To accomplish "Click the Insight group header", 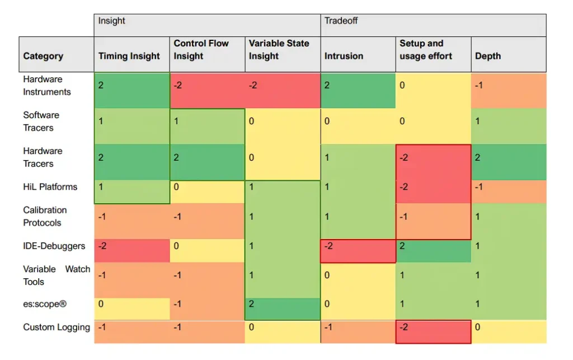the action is tap(111, 21).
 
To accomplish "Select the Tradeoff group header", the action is tap(341, 21).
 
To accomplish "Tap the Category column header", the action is tap(43, 56).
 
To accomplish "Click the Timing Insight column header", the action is tap(129, 56).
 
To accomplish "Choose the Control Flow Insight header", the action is tap(201, 50).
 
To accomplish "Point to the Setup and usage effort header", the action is tap(426, 50).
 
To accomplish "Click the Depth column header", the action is tap(488, 56).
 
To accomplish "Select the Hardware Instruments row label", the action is tap(47, 86).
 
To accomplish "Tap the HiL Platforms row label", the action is tap(50, 187).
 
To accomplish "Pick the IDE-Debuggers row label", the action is tap(54, 246).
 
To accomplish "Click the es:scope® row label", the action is tap(45, 303).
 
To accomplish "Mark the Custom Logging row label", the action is tap(57, 327).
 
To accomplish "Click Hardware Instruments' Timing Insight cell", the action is tap(132, 90).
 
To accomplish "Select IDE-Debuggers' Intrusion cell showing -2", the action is tap(358, 251).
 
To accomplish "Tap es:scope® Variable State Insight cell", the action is tap(283, 309).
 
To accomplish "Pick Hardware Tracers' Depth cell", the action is tap(509, 162).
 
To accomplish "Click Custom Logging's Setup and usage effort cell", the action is tap(434, 332).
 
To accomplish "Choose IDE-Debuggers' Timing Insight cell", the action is tap(132, 251).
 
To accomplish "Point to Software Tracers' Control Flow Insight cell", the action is tap(207, 126).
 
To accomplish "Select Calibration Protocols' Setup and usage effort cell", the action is tap(434, 221).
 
